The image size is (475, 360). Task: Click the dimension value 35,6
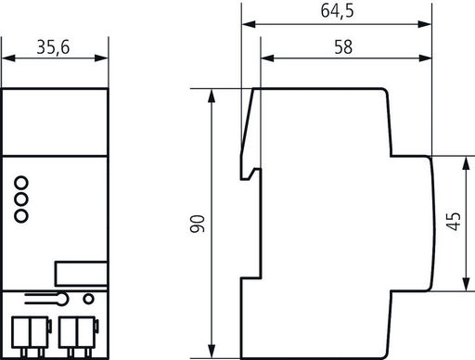click(x=53, y=47)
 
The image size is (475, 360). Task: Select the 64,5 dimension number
click(x=337, y=11)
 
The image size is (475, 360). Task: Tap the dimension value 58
click(x=343, y=47)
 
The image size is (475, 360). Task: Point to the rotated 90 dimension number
click(x=198, y=224)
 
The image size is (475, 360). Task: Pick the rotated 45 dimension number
click(x=454, y=222)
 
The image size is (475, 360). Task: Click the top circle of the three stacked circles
click(x=21, y=183)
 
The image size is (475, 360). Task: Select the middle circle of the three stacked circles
click(x=21, y=199)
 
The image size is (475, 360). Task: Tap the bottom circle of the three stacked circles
click(x=21, y=215)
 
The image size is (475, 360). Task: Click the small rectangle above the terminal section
click(x=81, y=274)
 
